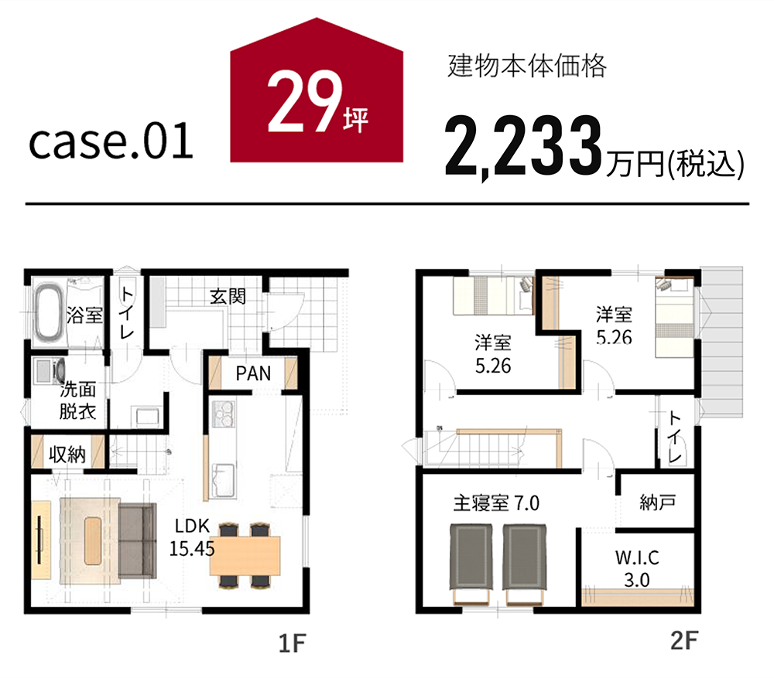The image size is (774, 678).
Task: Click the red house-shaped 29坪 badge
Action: pos(317,94)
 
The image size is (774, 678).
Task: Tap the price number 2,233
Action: pos(523,146)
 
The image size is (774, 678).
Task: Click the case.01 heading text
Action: pos(111,141)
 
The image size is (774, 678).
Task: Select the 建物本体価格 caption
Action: pos(526,66)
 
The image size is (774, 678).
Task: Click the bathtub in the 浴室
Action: pos(48,311)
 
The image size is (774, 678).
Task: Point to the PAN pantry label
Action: pos(253,373)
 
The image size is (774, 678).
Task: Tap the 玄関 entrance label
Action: pos(228,297)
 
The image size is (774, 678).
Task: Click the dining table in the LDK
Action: pos(245,555)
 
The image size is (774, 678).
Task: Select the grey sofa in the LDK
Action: pos(137,540)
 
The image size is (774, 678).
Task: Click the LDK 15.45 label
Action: pos(192,537)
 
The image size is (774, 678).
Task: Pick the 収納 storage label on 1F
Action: pos(67,454)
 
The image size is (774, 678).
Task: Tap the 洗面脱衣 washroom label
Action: pos(77,400)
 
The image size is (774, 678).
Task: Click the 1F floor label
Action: pos(293,643)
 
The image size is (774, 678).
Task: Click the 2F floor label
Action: pos(684,641)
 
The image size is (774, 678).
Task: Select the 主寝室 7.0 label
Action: pos(496,503)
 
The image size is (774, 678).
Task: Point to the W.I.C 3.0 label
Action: pos(637,568)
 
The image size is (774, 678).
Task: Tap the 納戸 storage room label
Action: pos(657,503)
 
